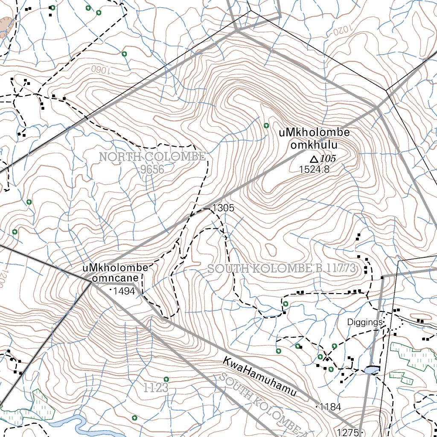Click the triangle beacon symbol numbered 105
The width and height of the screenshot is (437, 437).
(314, 159)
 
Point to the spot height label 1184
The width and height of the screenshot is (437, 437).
(330, 406)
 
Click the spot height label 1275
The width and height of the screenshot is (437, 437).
(348, 432)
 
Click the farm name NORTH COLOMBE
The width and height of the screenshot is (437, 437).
(152, 157)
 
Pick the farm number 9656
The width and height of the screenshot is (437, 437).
(152, 169)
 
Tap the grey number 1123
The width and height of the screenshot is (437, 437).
(156, 388)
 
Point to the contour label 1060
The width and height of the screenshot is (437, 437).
(100, 69)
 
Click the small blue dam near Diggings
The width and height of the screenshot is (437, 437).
(372, 370)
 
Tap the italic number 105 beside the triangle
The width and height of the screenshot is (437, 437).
(328, 159)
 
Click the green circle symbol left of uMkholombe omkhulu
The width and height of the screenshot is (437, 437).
(266, 125)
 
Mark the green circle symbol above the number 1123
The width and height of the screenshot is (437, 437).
(166, 379)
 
